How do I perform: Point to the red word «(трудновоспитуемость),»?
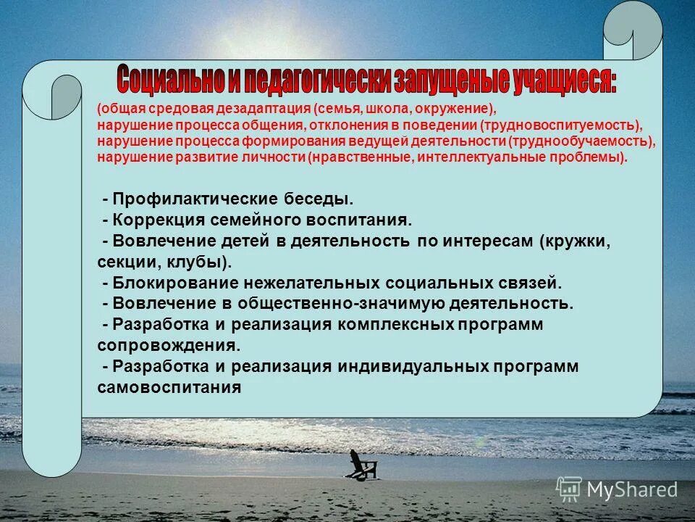pos(572,125)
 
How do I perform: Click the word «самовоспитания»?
pos(168,387)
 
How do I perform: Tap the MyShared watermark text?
pos(632,490)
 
